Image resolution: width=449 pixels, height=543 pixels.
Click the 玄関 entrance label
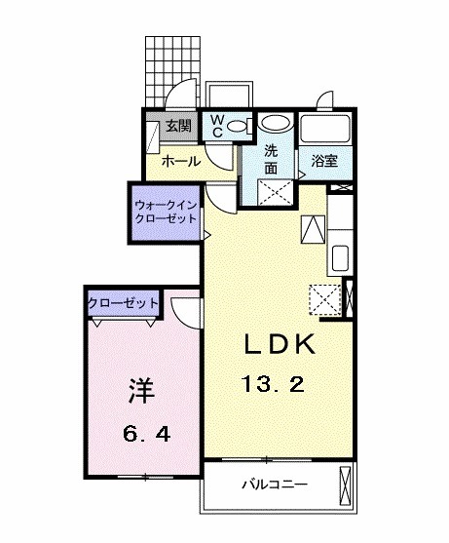177,126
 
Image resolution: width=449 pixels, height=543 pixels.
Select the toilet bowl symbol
243,125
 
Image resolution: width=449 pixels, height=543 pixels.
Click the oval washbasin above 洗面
277,125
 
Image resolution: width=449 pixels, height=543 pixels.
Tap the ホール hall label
181,161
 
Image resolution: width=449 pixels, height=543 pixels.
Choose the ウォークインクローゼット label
167,213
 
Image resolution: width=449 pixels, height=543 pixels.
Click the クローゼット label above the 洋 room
124,303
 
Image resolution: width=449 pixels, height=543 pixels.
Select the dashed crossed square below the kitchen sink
322,296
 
